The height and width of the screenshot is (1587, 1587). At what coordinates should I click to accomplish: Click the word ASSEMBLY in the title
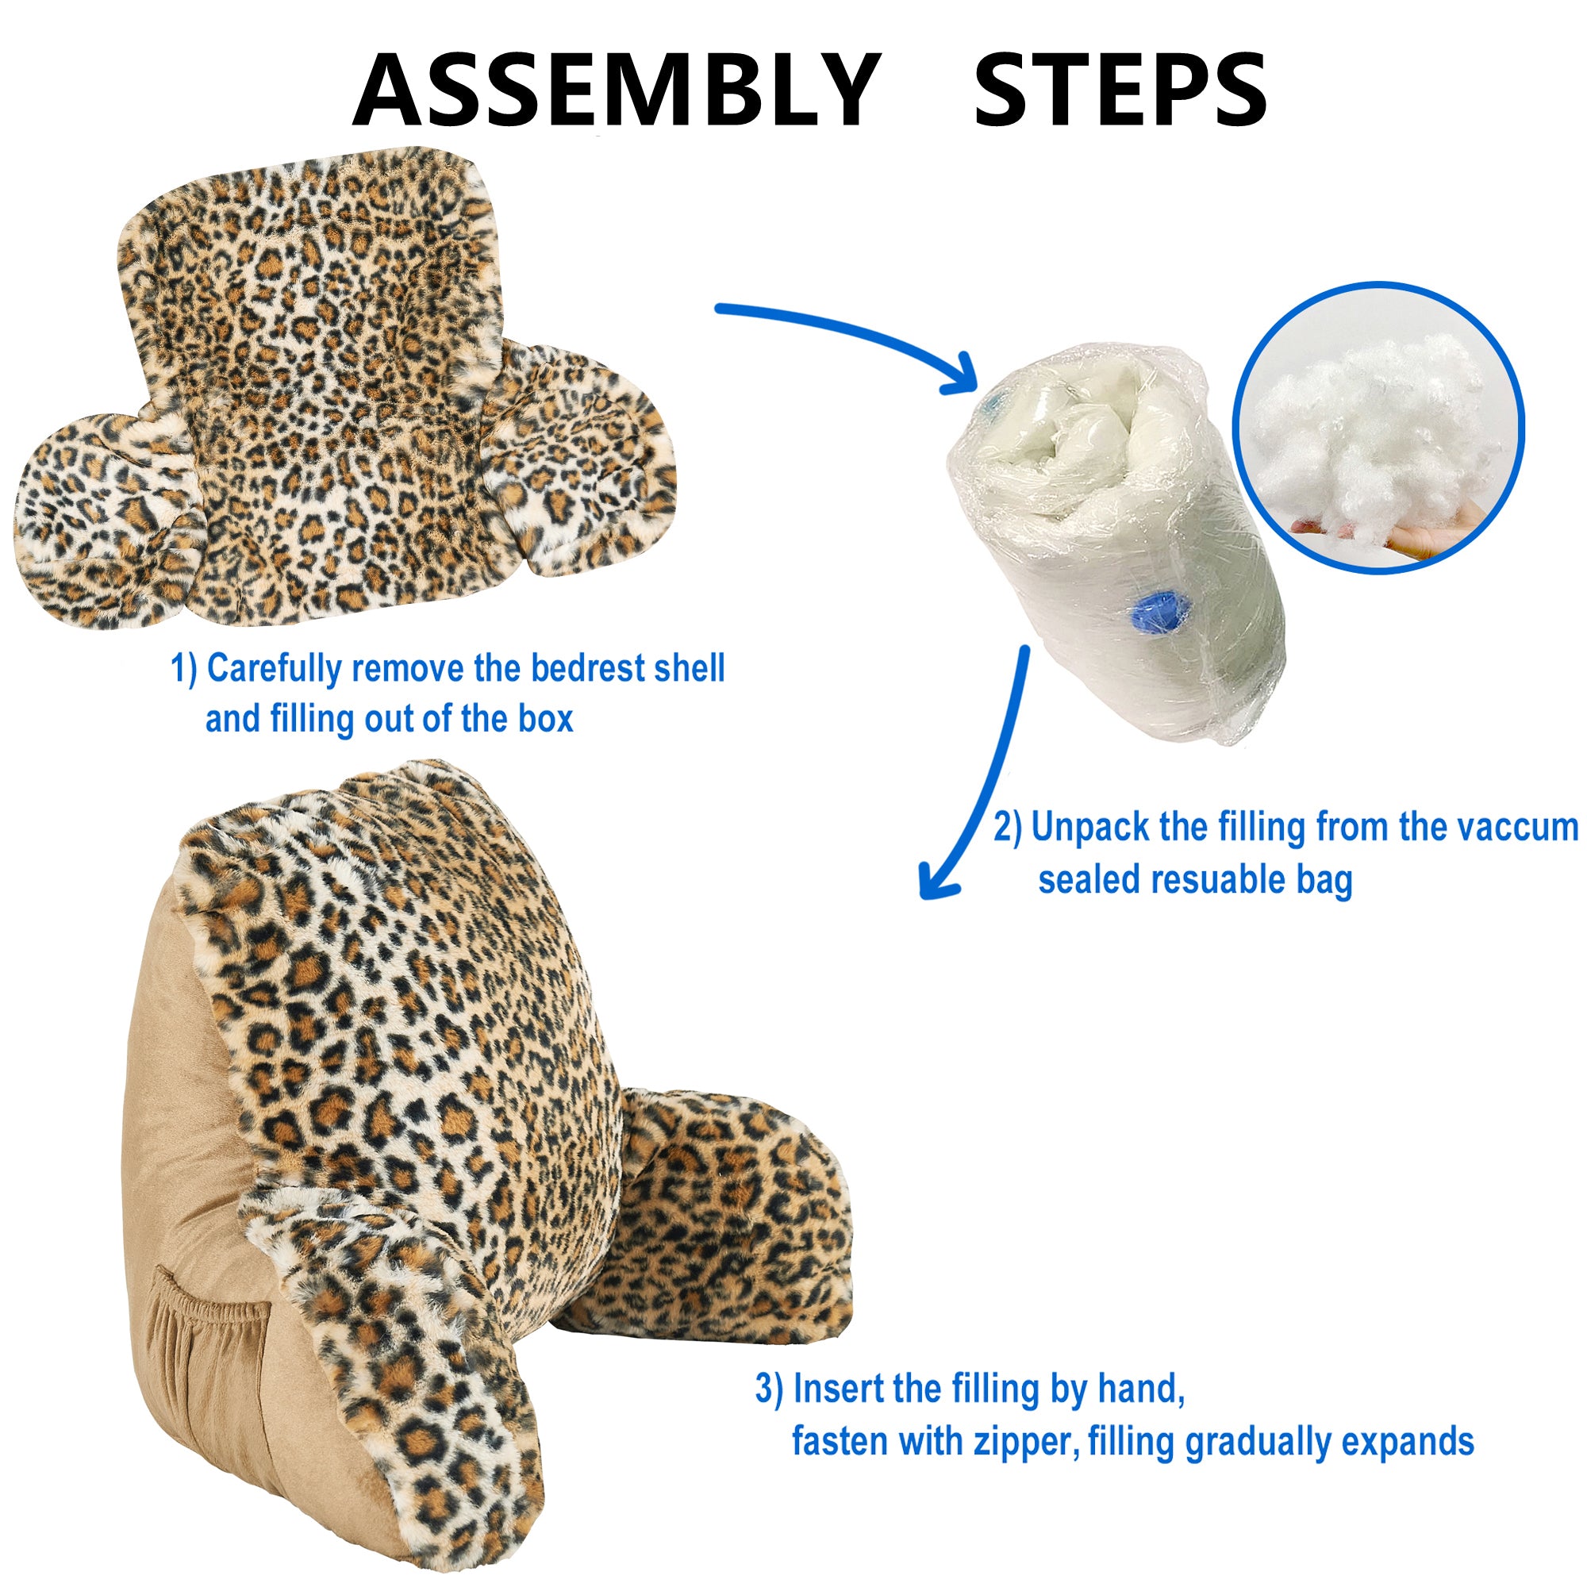617,90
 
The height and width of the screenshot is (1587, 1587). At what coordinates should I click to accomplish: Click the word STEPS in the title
1120,90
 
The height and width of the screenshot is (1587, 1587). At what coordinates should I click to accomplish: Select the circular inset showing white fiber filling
1378,427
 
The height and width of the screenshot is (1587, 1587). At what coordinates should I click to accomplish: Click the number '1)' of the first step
184,669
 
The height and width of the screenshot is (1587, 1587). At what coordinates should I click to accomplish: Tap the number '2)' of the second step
1008,827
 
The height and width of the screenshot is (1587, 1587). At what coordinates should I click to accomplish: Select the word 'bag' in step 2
1324,882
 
